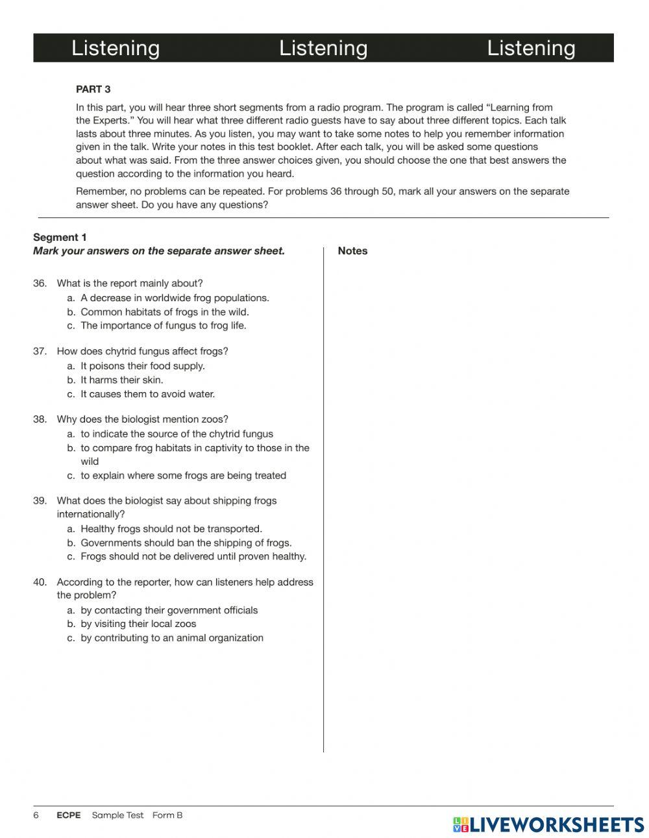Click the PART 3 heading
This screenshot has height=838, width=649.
93,90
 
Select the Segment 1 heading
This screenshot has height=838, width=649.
60,238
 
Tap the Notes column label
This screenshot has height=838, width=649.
352,251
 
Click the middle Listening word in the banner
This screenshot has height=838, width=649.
323,48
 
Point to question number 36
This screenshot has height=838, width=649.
40,284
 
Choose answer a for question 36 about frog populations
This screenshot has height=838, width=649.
174,298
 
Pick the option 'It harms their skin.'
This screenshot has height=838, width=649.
121,380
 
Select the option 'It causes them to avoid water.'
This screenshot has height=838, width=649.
147,394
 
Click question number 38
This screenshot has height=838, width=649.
40,420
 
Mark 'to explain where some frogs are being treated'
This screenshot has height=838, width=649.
183,476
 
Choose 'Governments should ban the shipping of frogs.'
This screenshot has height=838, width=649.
186,543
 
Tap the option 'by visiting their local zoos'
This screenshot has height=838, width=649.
138,624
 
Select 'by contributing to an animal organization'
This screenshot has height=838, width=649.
172,638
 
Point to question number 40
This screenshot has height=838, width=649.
40,582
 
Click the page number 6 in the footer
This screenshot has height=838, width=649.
36,815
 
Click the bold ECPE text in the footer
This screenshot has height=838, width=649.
69,815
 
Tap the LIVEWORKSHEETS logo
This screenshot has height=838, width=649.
548,824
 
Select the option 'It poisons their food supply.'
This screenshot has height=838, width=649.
142,366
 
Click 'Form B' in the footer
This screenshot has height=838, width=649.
167,815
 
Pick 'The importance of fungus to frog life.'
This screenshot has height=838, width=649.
163,326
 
